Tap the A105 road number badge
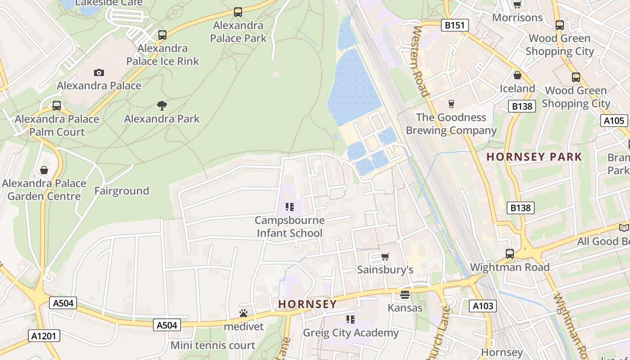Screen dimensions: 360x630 coord(614,120)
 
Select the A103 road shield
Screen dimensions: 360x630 coord(483,306)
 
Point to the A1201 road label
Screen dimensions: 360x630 coord(44,335)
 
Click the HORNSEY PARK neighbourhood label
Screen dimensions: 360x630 coord(534,157)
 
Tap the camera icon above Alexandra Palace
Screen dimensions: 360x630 coord(99,72)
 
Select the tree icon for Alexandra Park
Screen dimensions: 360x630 coord(162,106)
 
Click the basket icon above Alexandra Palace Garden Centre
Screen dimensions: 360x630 coord(44,170)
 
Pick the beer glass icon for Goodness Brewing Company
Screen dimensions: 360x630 coord(451,104)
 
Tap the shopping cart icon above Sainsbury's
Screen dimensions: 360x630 coord(385,256)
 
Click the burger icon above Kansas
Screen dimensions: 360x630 coord(405,295)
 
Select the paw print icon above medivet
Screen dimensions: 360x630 coord(243,313)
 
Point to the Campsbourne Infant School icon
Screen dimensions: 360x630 coord(289,207)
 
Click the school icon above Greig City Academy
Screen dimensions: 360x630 coord(351,319)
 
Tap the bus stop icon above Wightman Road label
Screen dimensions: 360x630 coord(509,254)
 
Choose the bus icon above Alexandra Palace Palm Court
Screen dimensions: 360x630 coord(57,106)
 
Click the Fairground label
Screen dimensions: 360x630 coord(121,191)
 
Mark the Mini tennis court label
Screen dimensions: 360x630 coord(212,346)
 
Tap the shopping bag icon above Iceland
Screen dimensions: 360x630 coord(517,75)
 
